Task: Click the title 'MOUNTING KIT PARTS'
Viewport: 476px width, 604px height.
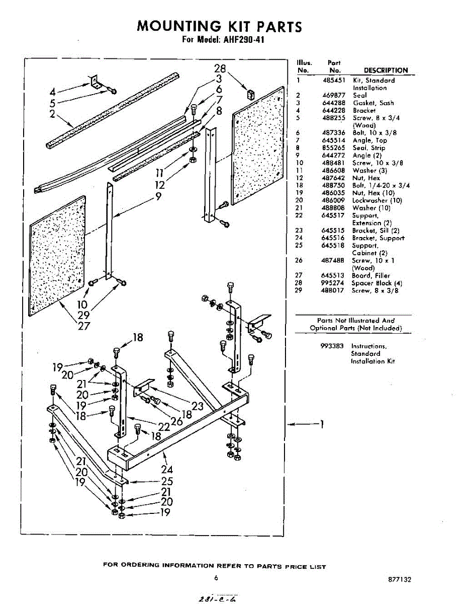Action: [220, 26]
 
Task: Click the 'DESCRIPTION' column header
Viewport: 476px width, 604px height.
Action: [386, 70]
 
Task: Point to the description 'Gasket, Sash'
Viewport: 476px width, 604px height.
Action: [373, 103]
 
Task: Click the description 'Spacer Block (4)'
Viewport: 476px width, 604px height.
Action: [376, 283]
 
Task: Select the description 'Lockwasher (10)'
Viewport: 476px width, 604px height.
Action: [377, 201]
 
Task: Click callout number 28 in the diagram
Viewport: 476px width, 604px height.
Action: [220, 69]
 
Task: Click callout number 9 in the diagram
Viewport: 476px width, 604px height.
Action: [158, 197]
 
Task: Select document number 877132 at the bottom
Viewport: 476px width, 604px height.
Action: [400, 579]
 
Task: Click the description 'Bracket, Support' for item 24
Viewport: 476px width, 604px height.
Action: [378, 238]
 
